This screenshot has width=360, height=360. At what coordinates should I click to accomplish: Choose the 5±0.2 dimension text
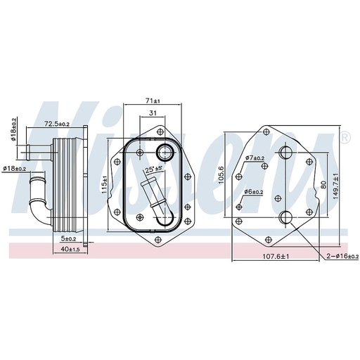click(67, 239)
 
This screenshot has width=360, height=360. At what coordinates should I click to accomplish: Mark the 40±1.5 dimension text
click(68, 250)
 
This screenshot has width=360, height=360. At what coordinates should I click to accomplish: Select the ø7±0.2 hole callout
click(255, 158)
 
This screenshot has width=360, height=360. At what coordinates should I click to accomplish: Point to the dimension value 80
click(323, 186)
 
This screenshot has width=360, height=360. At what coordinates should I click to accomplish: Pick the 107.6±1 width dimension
click(276, 257)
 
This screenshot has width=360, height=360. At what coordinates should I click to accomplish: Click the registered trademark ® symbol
click(345, 136)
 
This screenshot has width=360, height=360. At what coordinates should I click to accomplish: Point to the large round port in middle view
click(165, 152)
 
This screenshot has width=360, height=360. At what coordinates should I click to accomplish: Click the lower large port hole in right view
click(285, 217)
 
